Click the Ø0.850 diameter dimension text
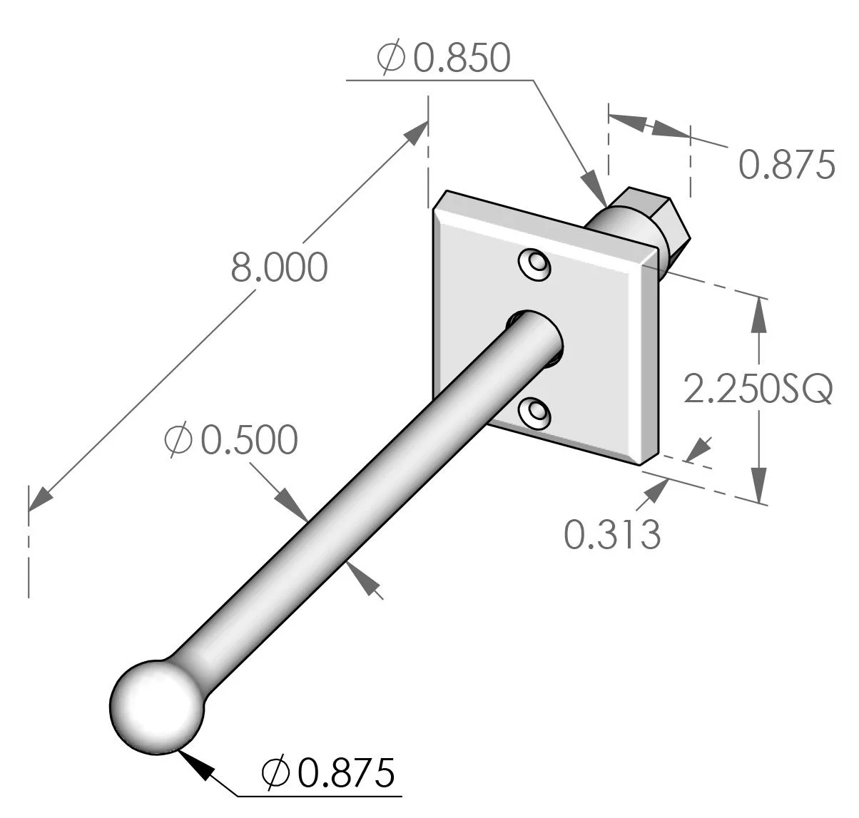[444, 58]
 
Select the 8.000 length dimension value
[279, 267]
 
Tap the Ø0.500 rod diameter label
[230, 440]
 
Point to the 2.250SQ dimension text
[758, 389]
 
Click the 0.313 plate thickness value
[612, 534]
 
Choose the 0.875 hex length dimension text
[786, 165]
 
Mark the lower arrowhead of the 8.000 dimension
[40, 499]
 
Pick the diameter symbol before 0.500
[178, 440]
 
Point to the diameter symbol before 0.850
[391, 58]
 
